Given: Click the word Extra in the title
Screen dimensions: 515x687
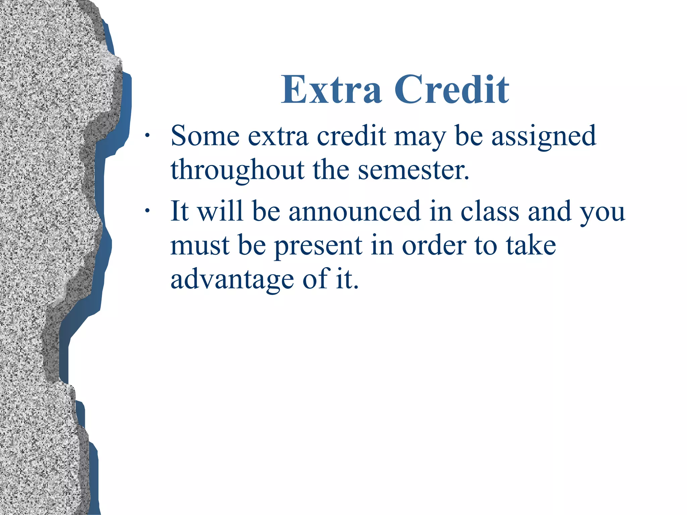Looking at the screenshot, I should click(331, 90).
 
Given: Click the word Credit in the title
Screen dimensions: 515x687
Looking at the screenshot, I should click(452, 90).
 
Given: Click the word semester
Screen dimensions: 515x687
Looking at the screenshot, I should click(413, 170).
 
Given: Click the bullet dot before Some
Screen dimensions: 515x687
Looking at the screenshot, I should click(147, 135).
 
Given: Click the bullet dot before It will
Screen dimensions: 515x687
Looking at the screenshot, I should click(147, 211).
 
